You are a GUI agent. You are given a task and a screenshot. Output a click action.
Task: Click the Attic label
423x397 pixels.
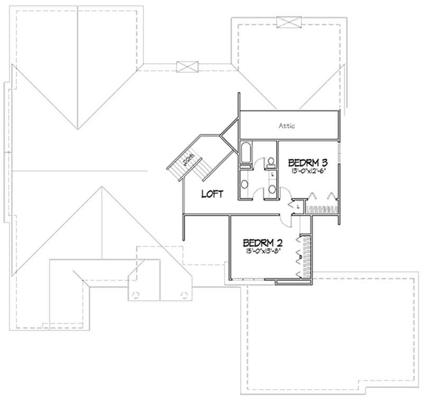click(286, 126)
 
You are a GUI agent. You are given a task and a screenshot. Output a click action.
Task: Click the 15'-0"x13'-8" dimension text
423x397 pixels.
click(263, 252)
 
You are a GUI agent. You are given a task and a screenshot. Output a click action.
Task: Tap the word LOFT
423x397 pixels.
click(212, 194)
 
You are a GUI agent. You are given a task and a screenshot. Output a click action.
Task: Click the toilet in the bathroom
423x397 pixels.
click(270, 161)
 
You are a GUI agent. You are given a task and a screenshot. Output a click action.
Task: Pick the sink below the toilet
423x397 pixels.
click(271, 188)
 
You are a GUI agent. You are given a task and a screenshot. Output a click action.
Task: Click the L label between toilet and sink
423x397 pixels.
click(271, 174)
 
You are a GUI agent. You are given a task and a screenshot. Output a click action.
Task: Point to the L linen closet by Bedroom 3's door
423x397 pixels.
click(298, 207)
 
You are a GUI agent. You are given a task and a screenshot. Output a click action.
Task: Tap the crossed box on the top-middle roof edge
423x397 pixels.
click(187, 67)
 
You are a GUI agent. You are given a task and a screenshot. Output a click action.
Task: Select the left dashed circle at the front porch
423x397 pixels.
click(136, 295)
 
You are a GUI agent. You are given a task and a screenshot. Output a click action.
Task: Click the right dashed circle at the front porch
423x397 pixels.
click(183, 295)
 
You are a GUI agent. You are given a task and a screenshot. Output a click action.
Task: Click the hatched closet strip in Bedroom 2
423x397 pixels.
click(303, 256)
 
